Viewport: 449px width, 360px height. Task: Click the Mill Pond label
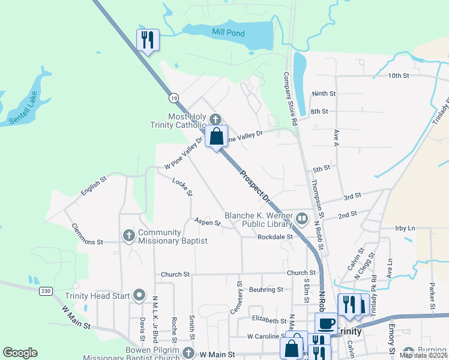[x=228, y=33]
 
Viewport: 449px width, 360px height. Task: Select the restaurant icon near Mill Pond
[x=148, y=40]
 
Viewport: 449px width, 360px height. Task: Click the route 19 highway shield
[x=173, y=97]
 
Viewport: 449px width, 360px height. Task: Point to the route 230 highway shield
[x=46, y=291]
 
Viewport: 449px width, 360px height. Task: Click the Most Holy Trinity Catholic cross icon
[x=215, y=119]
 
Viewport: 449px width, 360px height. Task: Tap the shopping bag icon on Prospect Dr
[x=217, y=136]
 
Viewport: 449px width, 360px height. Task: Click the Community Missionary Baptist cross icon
[x=128, y=236]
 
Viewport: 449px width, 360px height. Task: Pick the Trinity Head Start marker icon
[x=140, y=294]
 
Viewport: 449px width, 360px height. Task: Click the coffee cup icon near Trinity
[x=326, y=324]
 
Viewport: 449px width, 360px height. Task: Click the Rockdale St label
[x=274, y=237]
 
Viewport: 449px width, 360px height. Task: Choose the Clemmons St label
[x=88, y=235]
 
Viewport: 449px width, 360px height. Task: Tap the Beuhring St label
[x=266, y=289]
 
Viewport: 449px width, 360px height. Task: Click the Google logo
[x=20, y=353]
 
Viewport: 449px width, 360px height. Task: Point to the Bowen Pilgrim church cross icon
[x=188, y=353]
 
